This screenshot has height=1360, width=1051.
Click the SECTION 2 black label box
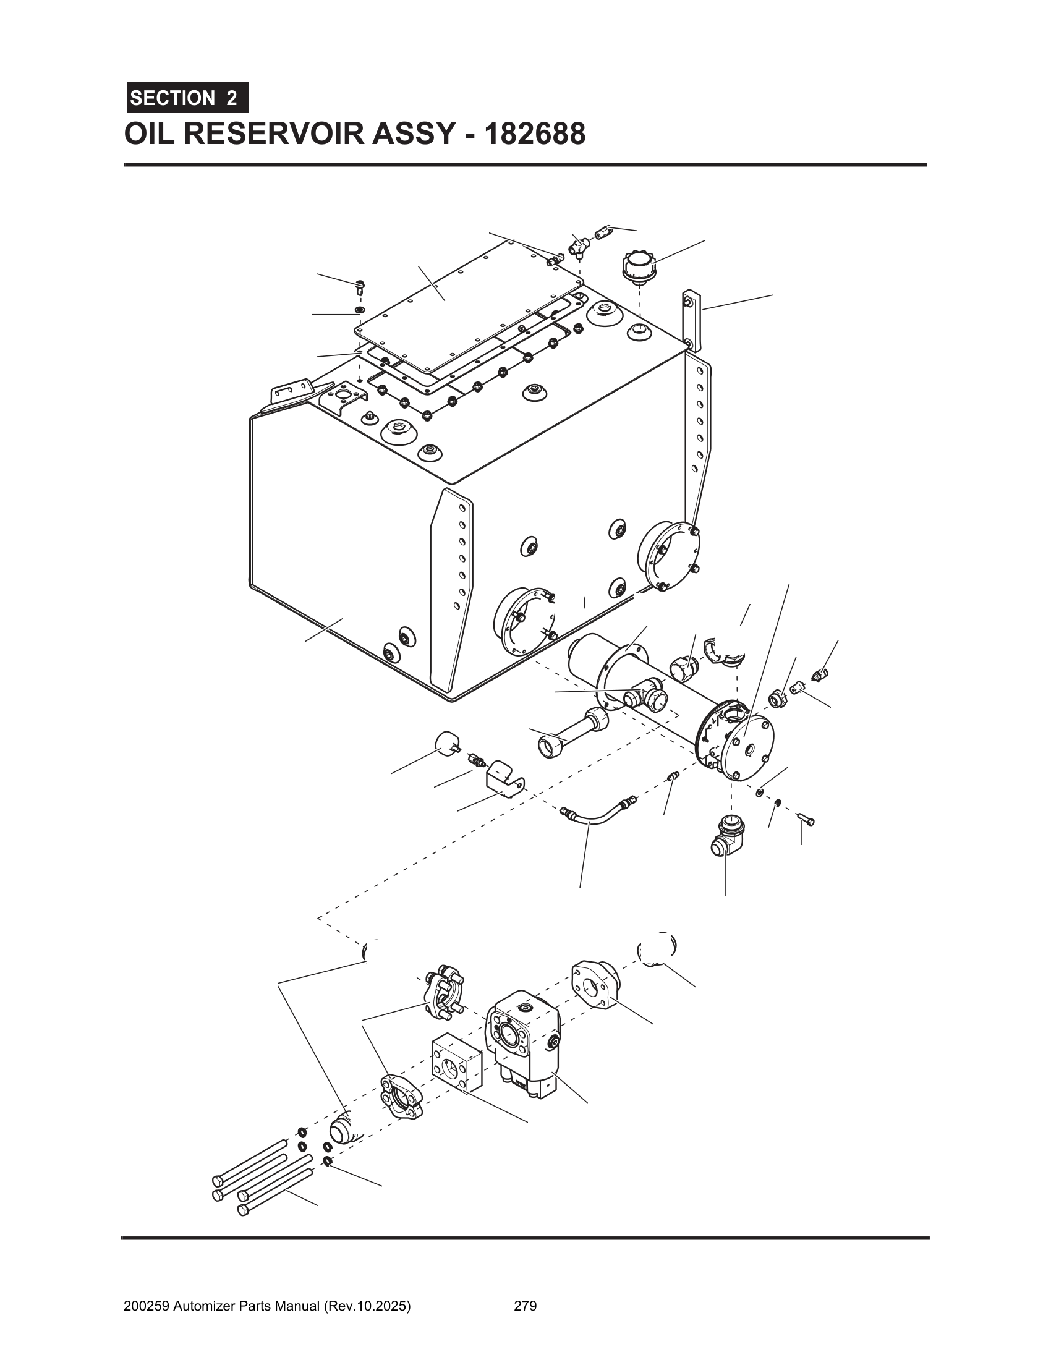click(187, 98)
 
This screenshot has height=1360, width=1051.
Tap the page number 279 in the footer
click(525, 1301)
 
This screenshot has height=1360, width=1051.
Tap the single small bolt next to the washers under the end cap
click(806, 820)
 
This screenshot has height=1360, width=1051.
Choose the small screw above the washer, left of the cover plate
click(360, 286)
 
